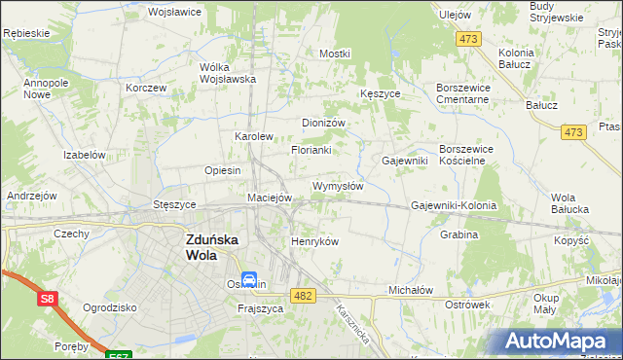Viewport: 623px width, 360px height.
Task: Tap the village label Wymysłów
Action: [338, 186]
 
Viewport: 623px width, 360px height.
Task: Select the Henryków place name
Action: [314, 241]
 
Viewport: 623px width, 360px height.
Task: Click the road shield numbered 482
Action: [303, 295]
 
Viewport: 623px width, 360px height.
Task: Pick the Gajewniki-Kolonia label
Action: [454, 206]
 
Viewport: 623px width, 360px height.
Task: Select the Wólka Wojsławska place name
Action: [227, 73]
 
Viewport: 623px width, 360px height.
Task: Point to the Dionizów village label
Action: [324, 123]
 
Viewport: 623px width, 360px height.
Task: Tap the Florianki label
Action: [311, 150]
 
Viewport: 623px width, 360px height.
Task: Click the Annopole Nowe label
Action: [44, 89]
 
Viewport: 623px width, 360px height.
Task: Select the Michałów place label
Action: [410, 290]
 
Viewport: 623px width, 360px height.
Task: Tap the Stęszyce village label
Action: [175, 205]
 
